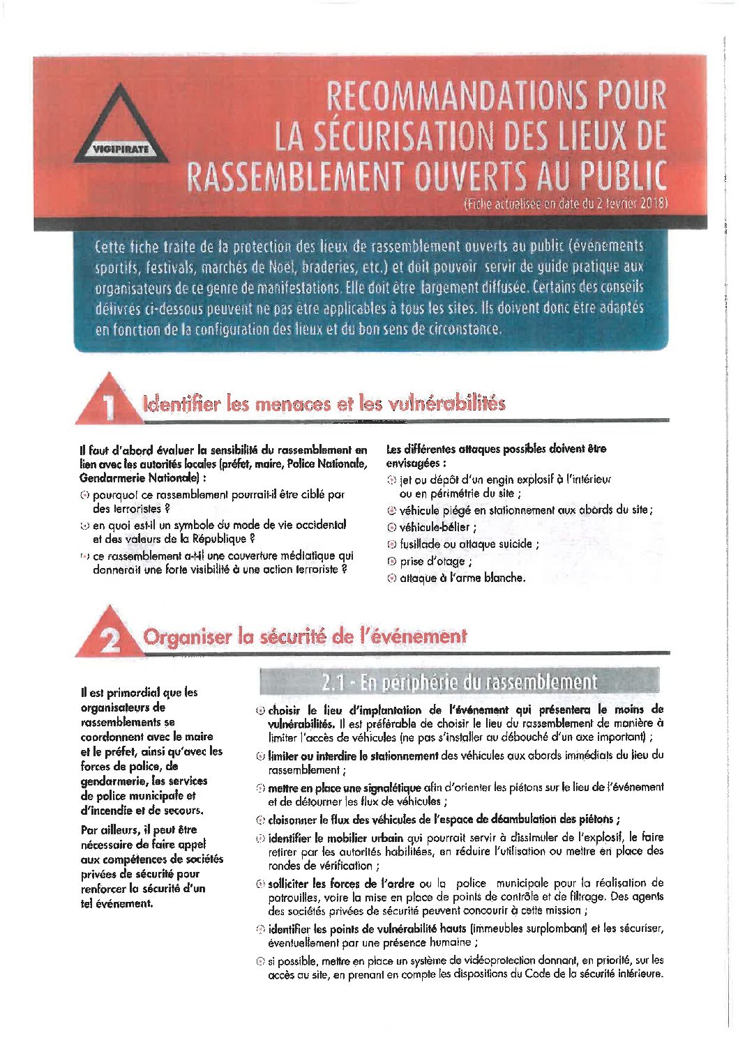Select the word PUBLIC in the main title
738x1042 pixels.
pyautogui.click(x=623, y=176)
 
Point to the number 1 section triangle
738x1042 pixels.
pyautogui.click(x=107, y=400)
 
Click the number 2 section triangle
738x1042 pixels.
pyautogui.click(x=107, y=633)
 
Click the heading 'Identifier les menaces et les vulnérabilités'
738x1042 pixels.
pyautogui.click(x=324, y=404)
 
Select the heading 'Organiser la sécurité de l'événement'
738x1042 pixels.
pyautogui.click(x=305, y=636)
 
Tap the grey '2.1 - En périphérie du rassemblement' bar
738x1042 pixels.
pyautogui.click(x=459, y=681)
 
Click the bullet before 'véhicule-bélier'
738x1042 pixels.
pyautogui.click(x=391, y=528)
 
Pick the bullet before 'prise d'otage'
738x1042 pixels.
pyautogui.click(x=391, y=561)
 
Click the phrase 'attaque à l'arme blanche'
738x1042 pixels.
pyautogui.click(x=462, y=578)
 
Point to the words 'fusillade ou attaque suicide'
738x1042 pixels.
pyautogui.click(x=469, y=544)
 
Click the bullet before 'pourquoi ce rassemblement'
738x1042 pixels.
pyautogui.click(x=84, y=495)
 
